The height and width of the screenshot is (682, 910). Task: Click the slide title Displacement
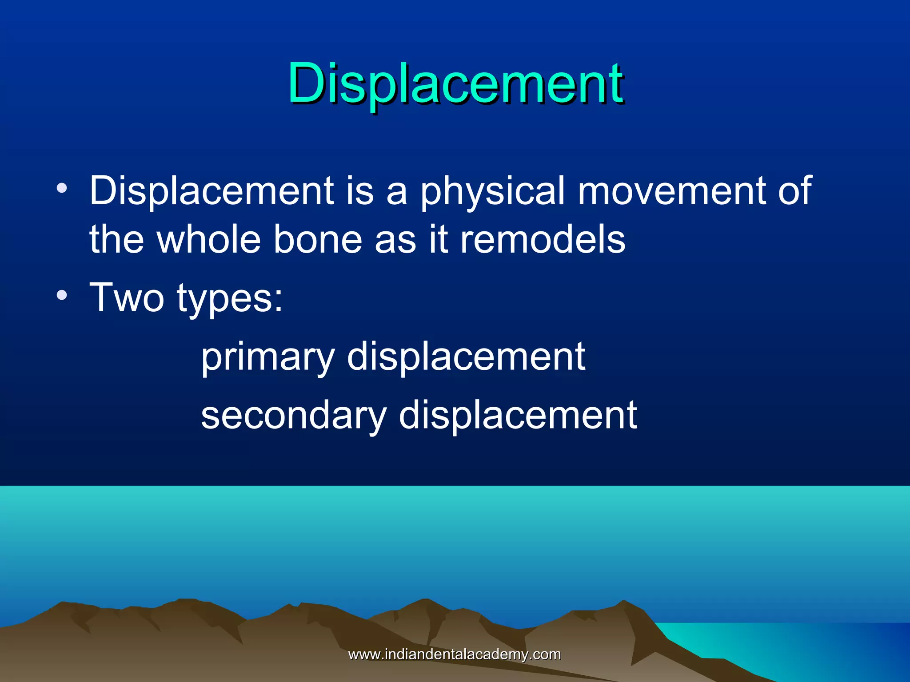tap(455, 83)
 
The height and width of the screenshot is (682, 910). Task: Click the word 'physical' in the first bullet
tap(492, 192)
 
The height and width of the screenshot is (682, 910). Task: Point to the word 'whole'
tap(208, 240)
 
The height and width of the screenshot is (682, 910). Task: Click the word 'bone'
tap(317, 240)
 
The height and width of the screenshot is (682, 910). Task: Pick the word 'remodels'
tap(542, 240)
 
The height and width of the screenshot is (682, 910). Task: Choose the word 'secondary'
tap(294, 415)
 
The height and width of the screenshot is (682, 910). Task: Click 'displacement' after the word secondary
tap(518, 415)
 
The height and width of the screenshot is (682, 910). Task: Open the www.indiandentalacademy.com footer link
tap(454, 654)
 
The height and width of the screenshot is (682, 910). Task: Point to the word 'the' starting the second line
tap(116, 240)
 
